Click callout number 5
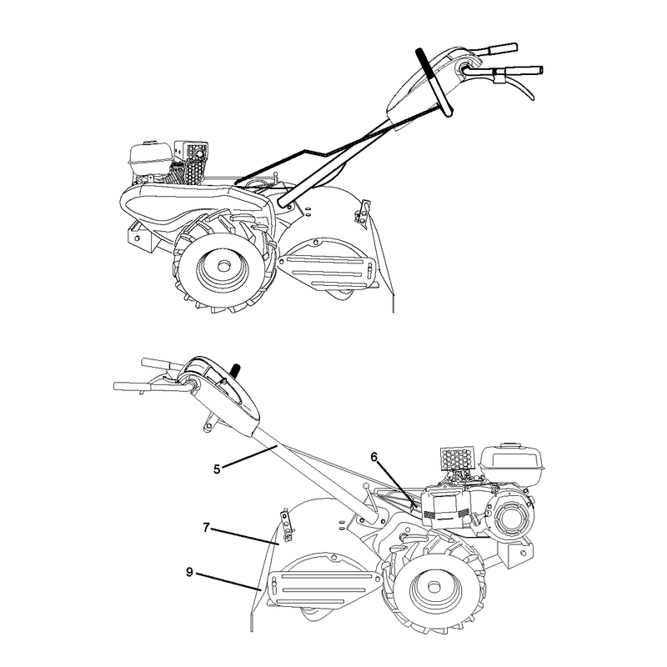tap(217, 469)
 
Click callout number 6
tap(374, 457)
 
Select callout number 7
tap(206, 528)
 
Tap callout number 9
tap(190, 572)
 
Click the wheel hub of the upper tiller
tap(222, 268)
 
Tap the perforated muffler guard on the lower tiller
tap(457, 458)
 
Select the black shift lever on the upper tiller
tap(434, 82)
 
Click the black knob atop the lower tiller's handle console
tap(234, 369)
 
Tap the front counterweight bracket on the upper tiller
tap(141, 236)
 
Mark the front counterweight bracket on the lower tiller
tap(518, 552)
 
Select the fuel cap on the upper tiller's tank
tap(148, 142)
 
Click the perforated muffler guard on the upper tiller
tap(193, 163)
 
